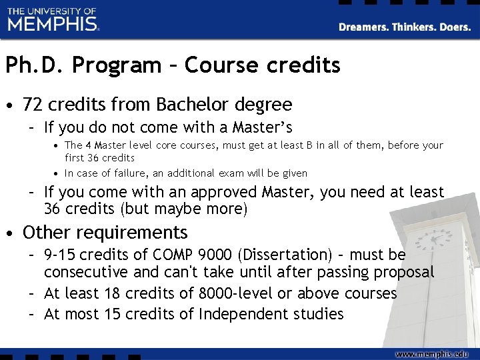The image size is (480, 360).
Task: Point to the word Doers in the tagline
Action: [457, 27]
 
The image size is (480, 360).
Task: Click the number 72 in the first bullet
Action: [33, 105]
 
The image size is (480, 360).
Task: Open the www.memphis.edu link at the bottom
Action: [431, 353]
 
